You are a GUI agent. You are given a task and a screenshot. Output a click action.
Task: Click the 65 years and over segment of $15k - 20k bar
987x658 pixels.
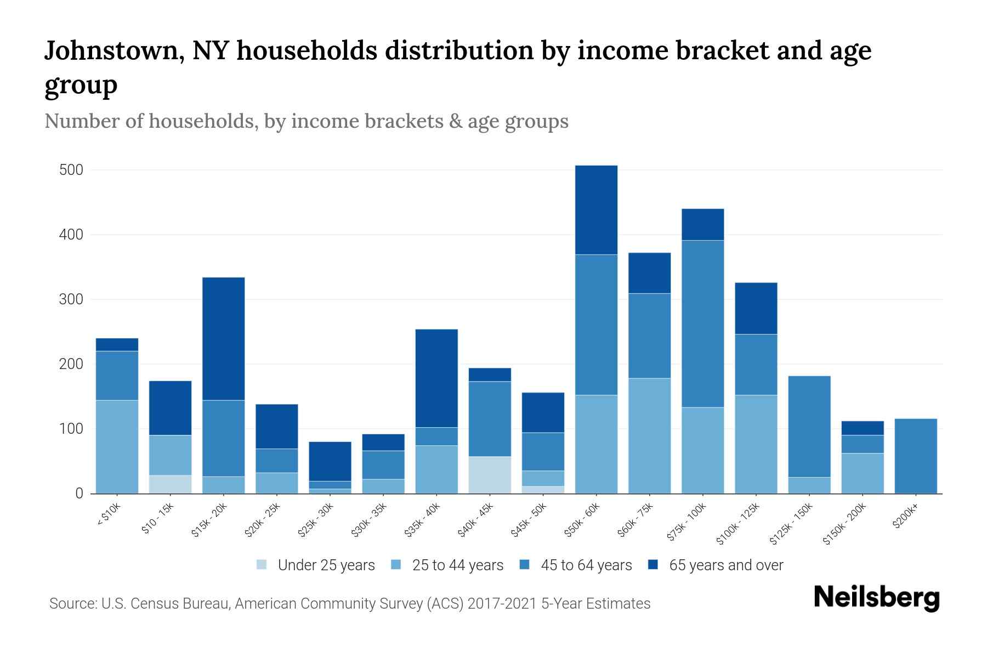pyautogui.click(x=224, y=338)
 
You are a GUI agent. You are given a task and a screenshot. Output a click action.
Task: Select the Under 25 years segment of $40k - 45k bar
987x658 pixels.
pyautogui.click(x=490, y=475)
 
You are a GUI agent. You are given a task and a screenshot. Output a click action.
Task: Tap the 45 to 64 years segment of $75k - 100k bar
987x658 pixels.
pyautogui.click(x=702, y=324)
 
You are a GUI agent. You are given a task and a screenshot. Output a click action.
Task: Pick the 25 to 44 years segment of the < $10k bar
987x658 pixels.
pyautogui.click(x=117, y=446)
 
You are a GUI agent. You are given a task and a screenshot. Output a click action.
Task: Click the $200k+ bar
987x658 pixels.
pyautogui.click(x=915, y=456)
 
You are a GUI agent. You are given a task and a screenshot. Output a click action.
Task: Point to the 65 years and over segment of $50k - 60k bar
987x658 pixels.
pyautogui.click(x=596, y=209)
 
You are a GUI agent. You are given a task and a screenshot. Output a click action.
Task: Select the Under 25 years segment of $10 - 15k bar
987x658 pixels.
pyautogui.click(x=170, y=484)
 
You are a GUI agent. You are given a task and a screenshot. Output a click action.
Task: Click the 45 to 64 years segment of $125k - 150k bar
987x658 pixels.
pyautogui.click(x=809, y=426)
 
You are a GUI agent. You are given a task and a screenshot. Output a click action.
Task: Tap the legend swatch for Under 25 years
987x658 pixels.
pyautogui.click(x=262, y=565)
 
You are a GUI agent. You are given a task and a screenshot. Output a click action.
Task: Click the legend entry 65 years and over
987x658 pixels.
pyautogui.click(x=725, y=565)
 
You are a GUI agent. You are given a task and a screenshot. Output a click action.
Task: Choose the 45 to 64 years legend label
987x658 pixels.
pyautogui.click(x=586, y=565)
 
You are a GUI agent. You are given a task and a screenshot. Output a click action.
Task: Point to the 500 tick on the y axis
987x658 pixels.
pyautogui.click(x=71, y=170)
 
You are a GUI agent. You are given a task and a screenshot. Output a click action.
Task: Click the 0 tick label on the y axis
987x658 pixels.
pyautogui.click(x=79, y=493)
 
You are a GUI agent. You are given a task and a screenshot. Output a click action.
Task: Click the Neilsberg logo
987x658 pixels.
pyautogui.click(x=876, y=598)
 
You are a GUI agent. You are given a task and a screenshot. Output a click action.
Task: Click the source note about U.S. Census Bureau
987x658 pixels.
pyautogui.click(x=349, y=604)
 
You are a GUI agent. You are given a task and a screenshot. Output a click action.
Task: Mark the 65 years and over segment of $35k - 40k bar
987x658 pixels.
pyautogui.click(x=436, y=378)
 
